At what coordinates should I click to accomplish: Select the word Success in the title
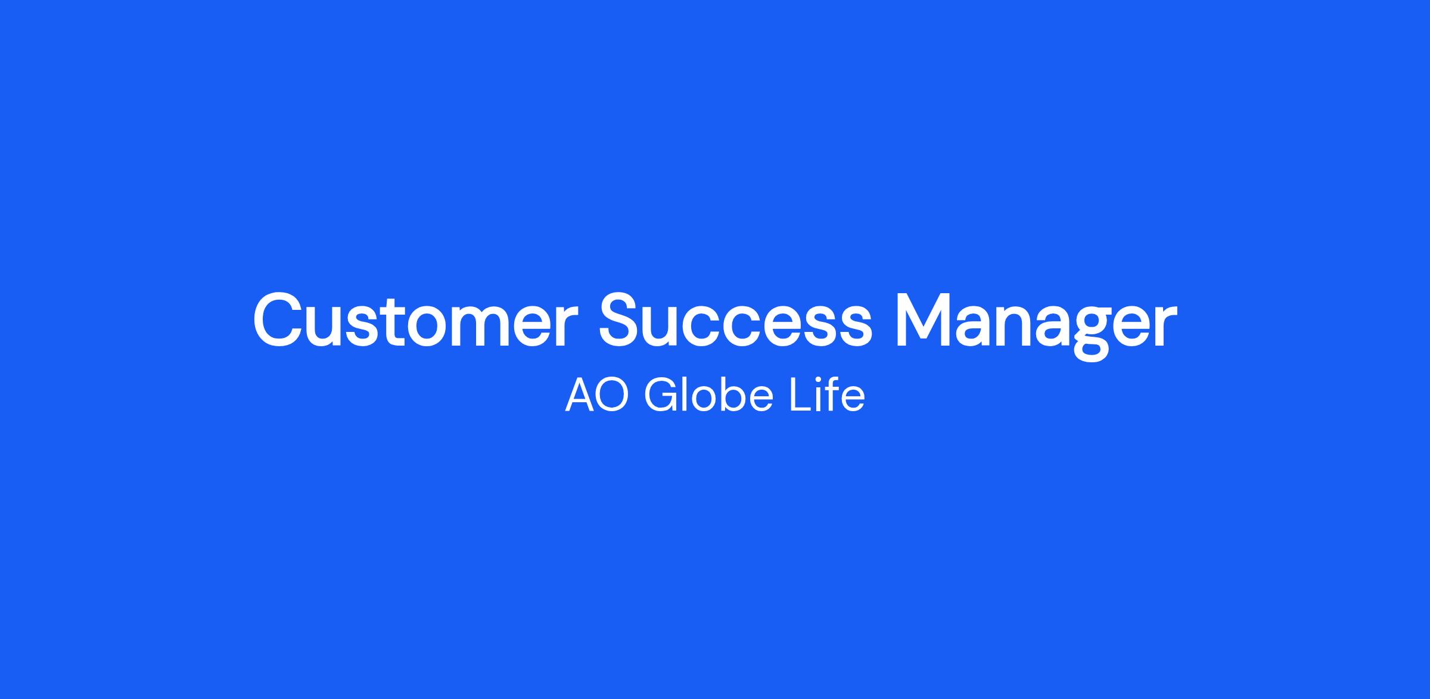735,320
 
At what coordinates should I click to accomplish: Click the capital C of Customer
279,320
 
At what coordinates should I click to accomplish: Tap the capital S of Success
621,320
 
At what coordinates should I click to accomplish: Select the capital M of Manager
923,320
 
